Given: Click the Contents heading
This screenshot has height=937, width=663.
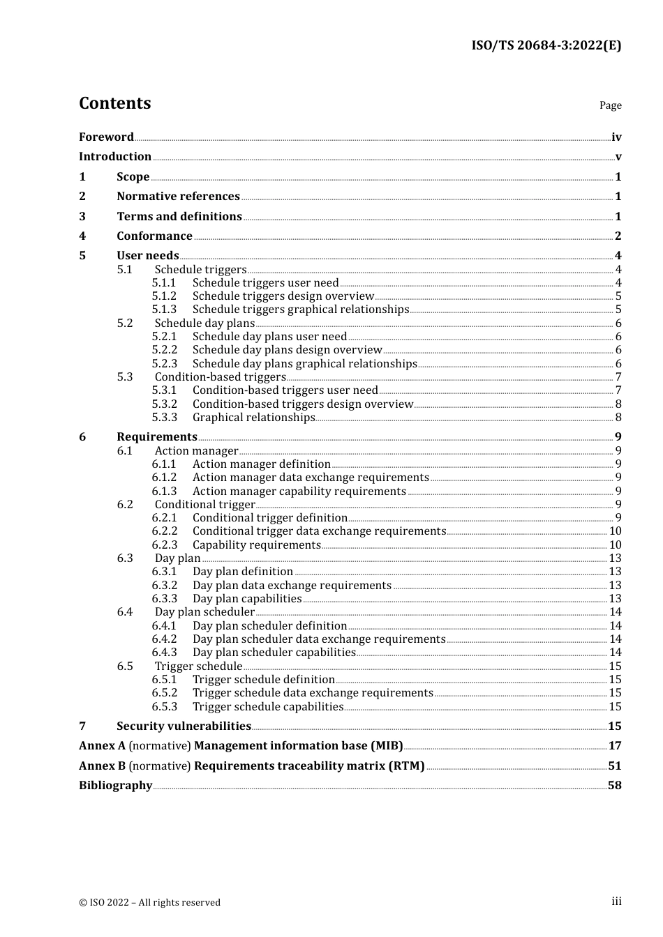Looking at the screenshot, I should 114,103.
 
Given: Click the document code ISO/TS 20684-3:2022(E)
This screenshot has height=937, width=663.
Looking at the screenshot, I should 546,46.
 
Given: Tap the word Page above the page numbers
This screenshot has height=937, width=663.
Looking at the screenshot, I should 610,105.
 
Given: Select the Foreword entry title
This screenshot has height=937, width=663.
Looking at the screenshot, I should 106,137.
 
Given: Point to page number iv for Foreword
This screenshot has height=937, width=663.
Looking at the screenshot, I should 616,137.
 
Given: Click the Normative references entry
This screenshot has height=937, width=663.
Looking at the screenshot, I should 178,197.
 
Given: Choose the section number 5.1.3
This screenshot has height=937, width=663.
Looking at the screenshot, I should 164,310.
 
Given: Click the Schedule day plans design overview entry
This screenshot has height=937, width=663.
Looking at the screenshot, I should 287,350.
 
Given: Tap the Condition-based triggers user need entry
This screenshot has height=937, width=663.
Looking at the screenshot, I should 285,390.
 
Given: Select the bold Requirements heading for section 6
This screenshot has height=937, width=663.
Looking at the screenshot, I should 156,437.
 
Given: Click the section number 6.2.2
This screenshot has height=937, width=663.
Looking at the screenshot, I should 164,531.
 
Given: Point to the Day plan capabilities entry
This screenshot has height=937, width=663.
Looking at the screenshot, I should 247,599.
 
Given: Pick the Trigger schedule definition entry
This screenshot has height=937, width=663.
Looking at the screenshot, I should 264,680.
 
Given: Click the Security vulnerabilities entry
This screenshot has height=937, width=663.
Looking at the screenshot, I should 184,726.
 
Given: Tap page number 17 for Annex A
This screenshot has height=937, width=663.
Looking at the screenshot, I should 615,746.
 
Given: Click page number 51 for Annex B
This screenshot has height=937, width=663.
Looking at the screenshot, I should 615,766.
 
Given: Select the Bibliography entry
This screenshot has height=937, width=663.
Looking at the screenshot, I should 115,786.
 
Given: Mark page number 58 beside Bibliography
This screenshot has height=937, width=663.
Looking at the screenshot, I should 615,786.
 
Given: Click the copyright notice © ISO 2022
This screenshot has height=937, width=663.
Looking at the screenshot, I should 149,903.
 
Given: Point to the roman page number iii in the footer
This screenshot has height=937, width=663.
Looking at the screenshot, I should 616,901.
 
